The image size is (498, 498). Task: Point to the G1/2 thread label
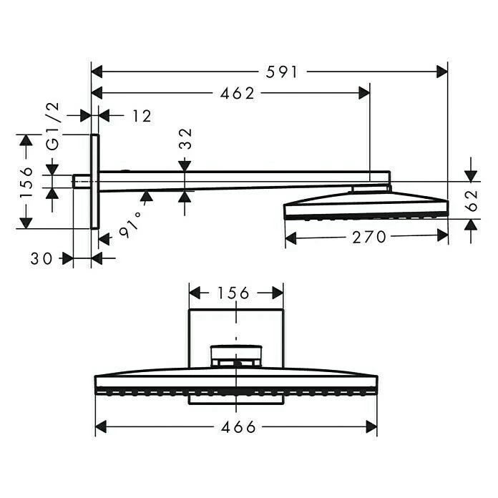[x=53, y=126]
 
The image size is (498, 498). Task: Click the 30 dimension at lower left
[x=42, y=258]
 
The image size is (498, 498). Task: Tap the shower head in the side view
[x=366, y=205]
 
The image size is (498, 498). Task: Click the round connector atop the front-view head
[x=235, y=356]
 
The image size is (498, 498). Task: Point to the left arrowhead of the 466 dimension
[x=101, y=428]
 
